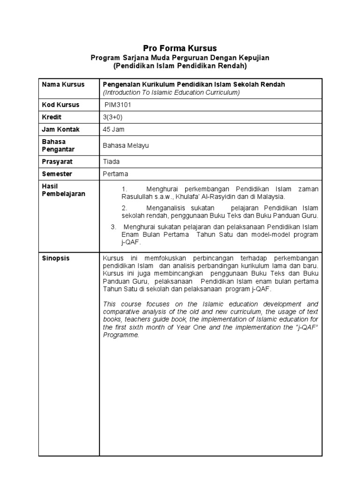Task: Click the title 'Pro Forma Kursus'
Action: (x=180, y=48)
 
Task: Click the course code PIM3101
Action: (x=119, y=105)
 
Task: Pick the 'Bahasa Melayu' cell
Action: (x=126, y=146)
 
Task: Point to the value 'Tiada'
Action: (x=111, y=162)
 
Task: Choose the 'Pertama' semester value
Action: (x=115, y=174)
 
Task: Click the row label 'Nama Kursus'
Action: (x=63, y=84)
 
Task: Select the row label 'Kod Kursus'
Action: (x=60, y=105)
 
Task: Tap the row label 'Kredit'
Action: (x=52, y=117)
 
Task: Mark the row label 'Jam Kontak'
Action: (x=60, y=129)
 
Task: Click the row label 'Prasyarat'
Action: (x=57, y=162)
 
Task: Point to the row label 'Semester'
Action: (x=57, y=174)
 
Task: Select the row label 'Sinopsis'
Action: (x=55, y=258)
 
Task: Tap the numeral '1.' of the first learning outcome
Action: (x=124, y=189)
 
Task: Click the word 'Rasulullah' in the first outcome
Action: (x=137, y=196)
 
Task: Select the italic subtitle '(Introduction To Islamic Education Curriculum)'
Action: (x=171, y=92)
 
